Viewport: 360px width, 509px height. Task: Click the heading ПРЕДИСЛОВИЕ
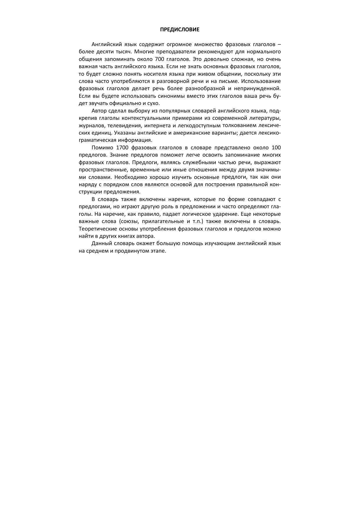pyautogui.click(x=180, y=30)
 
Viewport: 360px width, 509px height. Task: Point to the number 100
pyautogui.click(x=276, y=147)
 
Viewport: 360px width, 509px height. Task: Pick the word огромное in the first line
pyautogui.click(x=179, y=44)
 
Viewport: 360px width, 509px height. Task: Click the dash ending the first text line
pyautogui.click(x=279, y=45)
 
